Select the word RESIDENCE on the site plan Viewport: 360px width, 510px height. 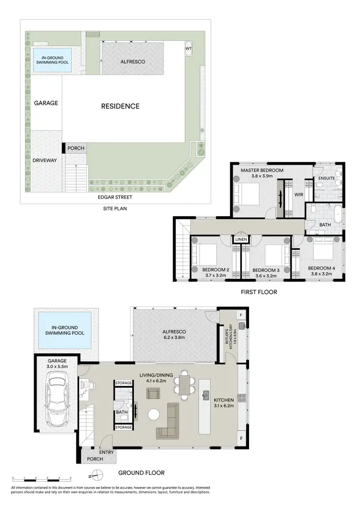(120, 106)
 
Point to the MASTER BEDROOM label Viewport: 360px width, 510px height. (262, 170)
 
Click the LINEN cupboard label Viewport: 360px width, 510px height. (240, 239)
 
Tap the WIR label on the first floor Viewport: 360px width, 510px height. (299, 195)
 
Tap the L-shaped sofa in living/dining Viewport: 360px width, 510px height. (168, 421)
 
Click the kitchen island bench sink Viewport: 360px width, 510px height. (205, 395)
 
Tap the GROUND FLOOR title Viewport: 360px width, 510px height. (142, 473)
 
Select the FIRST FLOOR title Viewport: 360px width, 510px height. (258, 292)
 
